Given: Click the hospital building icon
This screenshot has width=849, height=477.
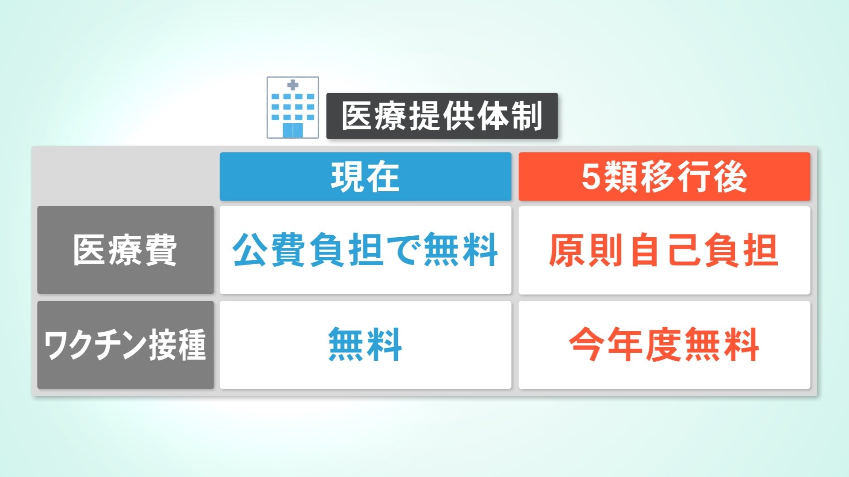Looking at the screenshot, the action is coord(293,108).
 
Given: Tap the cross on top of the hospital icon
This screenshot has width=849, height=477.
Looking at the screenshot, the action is coord(293,85).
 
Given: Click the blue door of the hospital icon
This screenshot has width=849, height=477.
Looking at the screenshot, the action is coord(293,130).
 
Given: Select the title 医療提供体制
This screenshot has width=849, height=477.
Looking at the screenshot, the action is coord(442,116).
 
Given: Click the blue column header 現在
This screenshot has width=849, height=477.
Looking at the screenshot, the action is coord(365,177).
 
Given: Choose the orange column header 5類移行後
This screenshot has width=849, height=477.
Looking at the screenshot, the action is coord(664,177).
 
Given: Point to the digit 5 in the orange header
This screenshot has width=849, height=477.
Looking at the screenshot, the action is coord(591,177).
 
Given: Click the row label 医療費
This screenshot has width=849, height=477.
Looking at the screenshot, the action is coord(125,250).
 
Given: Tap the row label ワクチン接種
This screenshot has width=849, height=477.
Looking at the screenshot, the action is coord(125,345).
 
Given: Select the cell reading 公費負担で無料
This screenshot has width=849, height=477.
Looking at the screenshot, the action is coord(365,250).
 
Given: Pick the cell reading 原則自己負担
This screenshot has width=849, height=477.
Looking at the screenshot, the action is coord(664,250).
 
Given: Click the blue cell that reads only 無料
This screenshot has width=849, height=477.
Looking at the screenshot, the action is coord(365,345).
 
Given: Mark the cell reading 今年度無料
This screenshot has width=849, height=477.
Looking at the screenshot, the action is coord(664,345).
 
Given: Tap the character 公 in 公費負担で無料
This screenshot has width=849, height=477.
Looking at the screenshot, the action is coord(250,250).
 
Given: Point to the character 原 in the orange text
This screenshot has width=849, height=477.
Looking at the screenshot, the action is coord(566,250).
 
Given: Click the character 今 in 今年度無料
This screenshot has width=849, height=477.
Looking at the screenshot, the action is coord(586,345).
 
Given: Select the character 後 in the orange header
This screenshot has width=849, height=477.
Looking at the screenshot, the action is coord(731,177).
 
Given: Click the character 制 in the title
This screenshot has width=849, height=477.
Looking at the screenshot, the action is coord(527,116).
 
